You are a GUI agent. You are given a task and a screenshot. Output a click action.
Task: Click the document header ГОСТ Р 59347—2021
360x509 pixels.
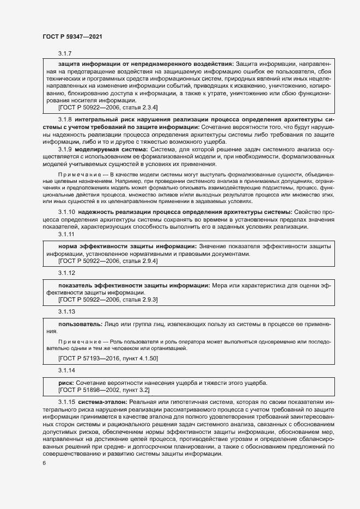pos(72,36)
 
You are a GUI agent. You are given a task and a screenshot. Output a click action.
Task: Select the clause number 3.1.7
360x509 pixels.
pos(65,53)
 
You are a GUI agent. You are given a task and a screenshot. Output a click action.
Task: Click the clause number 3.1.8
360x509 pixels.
pos(65,119)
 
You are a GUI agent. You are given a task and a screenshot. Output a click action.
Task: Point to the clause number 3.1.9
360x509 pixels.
pos(65,149)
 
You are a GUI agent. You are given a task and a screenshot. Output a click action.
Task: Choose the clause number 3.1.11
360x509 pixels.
pos(66,235)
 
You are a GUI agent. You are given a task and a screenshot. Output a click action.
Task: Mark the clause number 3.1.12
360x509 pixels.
pos(66,273)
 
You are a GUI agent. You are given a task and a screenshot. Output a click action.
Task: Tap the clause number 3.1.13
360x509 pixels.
pos(66,311)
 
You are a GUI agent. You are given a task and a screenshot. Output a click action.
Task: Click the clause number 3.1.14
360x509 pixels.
pos(66,370)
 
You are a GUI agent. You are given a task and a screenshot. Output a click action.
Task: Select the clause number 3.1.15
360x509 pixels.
pos(66,402)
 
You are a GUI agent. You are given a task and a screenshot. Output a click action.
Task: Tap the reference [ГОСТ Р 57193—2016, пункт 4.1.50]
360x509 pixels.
pos(108,358)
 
